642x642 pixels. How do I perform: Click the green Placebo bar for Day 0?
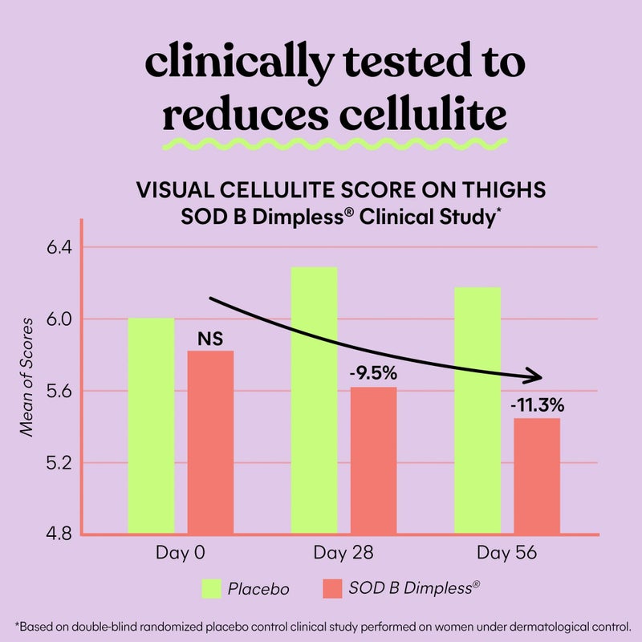(x=151, y=425)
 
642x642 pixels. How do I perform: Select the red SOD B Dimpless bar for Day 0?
(x=210, y=441)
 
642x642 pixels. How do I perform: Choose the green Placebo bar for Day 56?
(x=477, y=409)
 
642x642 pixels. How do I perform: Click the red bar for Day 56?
(x=537, y=475)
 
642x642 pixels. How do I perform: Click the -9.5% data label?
(x=373, y=373)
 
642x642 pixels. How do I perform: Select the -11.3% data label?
(x=537, y=404)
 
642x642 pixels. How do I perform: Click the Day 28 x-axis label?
(x=343, y=555)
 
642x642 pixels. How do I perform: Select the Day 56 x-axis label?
(x=506, y=555)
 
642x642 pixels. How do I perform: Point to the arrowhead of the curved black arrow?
(x=534, y=376)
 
